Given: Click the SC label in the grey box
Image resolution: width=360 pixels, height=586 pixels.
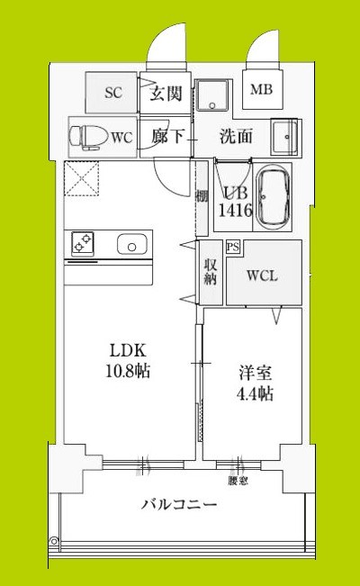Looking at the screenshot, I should (112, 93).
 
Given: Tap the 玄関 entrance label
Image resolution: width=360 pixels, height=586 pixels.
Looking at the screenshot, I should (165, 93).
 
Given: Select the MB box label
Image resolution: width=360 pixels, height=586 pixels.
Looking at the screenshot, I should (261, 90).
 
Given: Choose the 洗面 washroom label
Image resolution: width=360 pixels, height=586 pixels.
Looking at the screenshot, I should (236, 137).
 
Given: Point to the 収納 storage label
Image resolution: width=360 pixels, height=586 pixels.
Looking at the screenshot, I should (209, 272).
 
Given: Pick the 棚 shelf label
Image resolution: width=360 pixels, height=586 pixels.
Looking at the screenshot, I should (203, 195).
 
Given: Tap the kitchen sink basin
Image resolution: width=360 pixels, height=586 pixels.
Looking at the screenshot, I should (131, 244).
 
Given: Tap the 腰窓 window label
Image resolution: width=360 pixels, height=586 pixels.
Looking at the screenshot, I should (238, 482).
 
